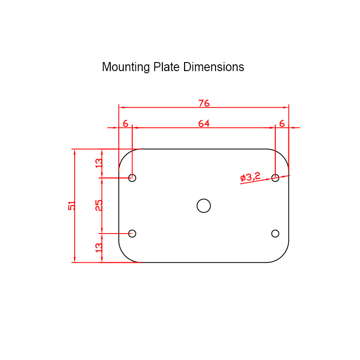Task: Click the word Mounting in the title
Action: point(126,67)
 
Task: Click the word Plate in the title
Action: point(167,67)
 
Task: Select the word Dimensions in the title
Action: point(214,67)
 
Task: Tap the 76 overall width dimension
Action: point(204,103)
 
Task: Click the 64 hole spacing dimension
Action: point(204,123)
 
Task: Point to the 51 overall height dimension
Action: point(72,206)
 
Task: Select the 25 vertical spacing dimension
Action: point(99,205)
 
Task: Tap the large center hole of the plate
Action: point(204,206)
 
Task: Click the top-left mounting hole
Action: point(132,178)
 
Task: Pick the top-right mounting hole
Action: point(275,178)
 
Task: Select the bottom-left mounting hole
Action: point(132,234)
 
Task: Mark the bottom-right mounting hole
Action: point(275,234)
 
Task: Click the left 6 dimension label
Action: point(125,123)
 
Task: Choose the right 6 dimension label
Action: point(282,123)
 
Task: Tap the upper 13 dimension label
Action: point(99,163)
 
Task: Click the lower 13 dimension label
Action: point(99,247)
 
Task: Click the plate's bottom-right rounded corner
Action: point(282,256)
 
